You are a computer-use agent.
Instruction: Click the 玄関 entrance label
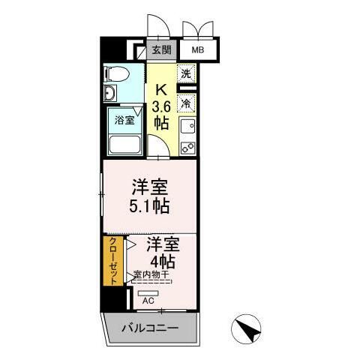tap(161, 50)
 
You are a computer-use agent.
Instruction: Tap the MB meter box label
tap(196, 50)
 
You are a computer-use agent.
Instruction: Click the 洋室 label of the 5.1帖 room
tap(151, 185)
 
